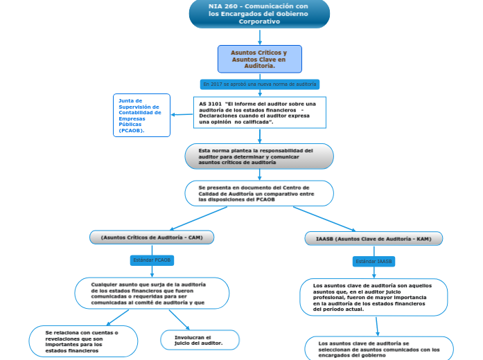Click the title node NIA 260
(x=259, y=14)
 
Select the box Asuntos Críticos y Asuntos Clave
(x=259, y=59)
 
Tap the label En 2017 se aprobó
(x=260, y=84)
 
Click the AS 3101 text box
(x=259, y=112)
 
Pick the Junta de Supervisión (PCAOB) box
(x=142, y=115)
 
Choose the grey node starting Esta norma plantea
(x=259, y=156)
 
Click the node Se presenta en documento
(x=259, y=193)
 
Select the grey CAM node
(x=152, y=237)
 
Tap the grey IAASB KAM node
(x=374, y=239)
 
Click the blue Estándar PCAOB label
(x=152, y=260)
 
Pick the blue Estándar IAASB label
(x=374, y=262)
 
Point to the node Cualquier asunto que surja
(x=152, y=293)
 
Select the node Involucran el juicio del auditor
(x=200, y=340)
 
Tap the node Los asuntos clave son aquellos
(x=374, y=297)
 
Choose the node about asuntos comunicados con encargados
(x=379, y=348)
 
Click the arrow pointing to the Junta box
(x=182, y=114)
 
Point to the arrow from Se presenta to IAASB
(x=324, y=219)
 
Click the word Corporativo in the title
(x=259, y=21)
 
